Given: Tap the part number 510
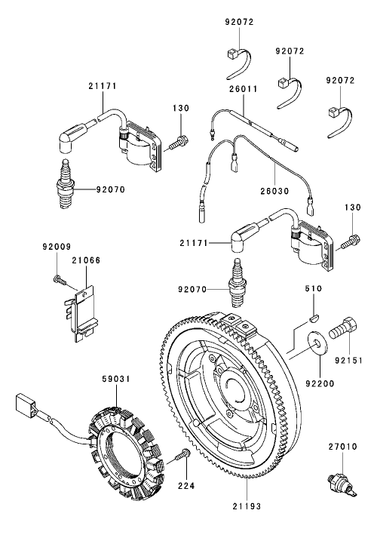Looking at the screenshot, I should click(313, 289).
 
